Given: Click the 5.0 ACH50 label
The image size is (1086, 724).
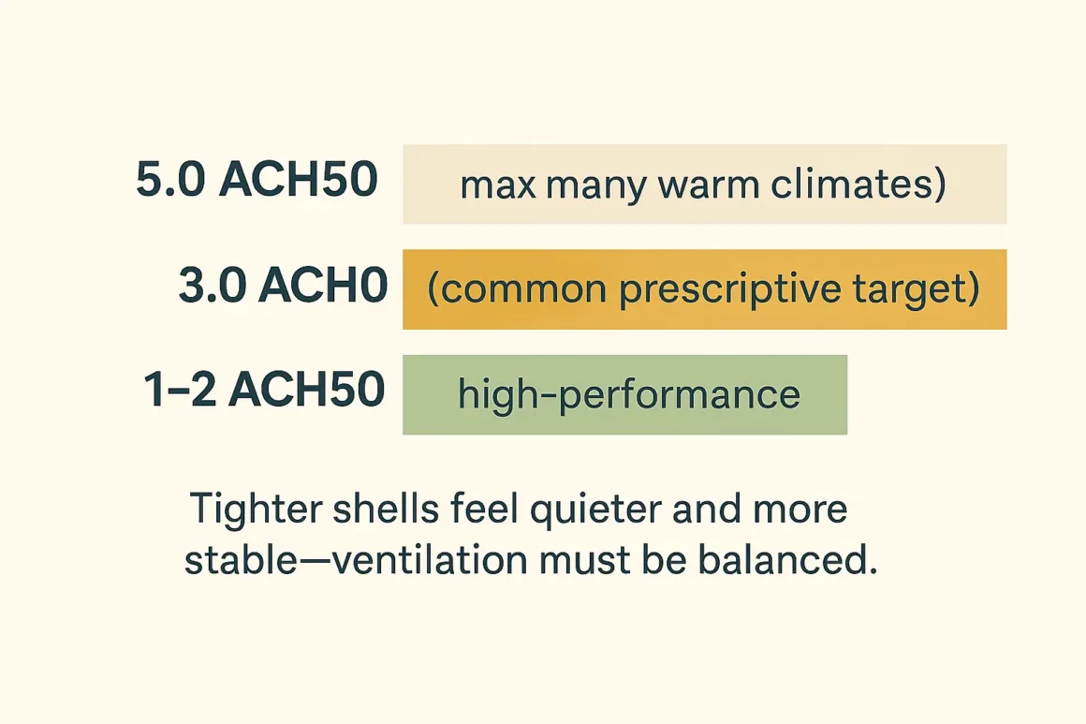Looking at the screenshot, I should pyautogui.click(x=257, y=182).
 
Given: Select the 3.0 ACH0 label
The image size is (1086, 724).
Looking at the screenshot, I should pyautogui.click(x=283, y=288).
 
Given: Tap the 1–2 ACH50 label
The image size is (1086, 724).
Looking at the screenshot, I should pyautogui.click(x=264, y=391).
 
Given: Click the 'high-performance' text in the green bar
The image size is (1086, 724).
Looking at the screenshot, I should pyautogui.click(x=628, y=393).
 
